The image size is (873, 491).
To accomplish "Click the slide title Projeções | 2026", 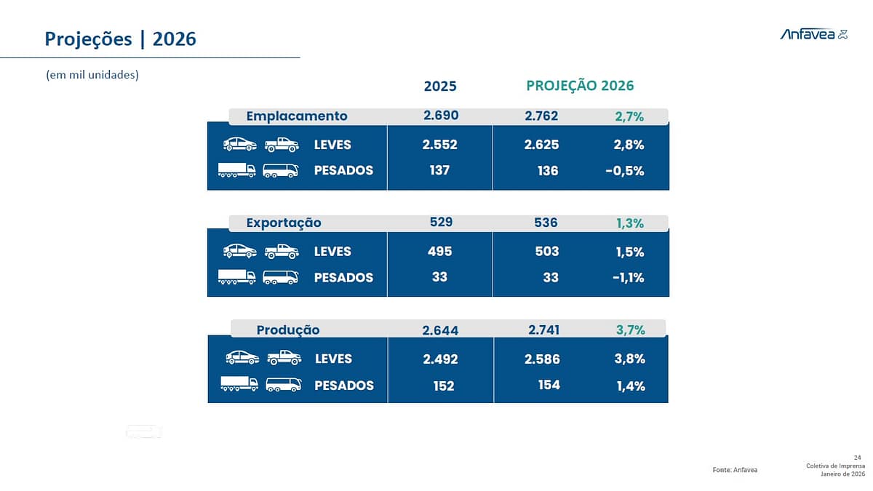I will pyautogui.click(x=121, y=39).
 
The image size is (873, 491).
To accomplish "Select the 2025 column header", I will pyautogui.click(x=440, y=86).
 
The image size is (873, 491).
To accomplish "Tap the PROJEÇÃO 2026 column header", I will pyautogui.click(x=580, y=86).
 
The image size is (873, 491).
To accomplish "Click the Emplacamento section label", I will pyautogui.click(x=297, y=116).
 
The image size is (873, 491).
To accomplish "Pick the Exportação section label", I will pyautogui.click(x=284, y=223).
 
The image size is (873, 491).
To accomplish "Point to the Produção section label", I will pyautogui.click(x=288, y=330).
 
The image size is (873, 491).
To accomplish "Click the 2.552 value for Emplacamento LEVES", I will pyautogui.click(x=439, y=145).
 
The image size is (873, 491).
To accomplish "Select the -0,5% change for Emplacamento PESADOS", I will pyautogui.click(x=624, y=171).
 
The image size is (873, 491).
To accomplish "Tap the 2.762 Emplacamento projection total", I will pyautogui.click(x=541, y=116).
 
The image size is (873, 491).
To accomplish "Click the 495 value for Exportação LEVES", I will pyautogui.click(x=439, y=252).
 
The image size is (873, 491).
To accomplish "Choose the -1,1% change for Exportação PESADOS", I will pyautogui.click(x=628, y=278).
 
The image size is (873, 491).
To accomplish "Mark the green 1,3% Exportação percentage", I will pyautogui.click(x=629, y=223).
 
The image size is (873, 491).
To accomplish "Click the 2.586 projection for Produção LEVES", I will pyautogui.click(x=542, y=359).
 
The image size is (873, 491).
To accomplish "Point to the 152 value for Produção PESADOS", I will pyautogui.click(x=444, y=386).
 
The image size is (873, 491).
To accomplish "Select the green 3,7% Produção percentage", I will pyautogui.click(x=630, y=330).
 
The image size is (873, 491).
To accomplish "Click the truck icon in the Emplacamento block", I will pyautogui.click(x=237, y=170).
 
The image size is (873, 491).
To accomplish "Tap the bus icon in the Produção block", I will pyautogui.click(x=284, y=385).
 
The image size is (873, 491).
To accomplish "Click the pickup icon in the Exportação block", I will pyautogui.click(x=282, y=252).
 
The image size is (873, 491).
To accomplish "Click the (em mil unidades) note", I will pyautogui.click(x=92, y=75).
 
